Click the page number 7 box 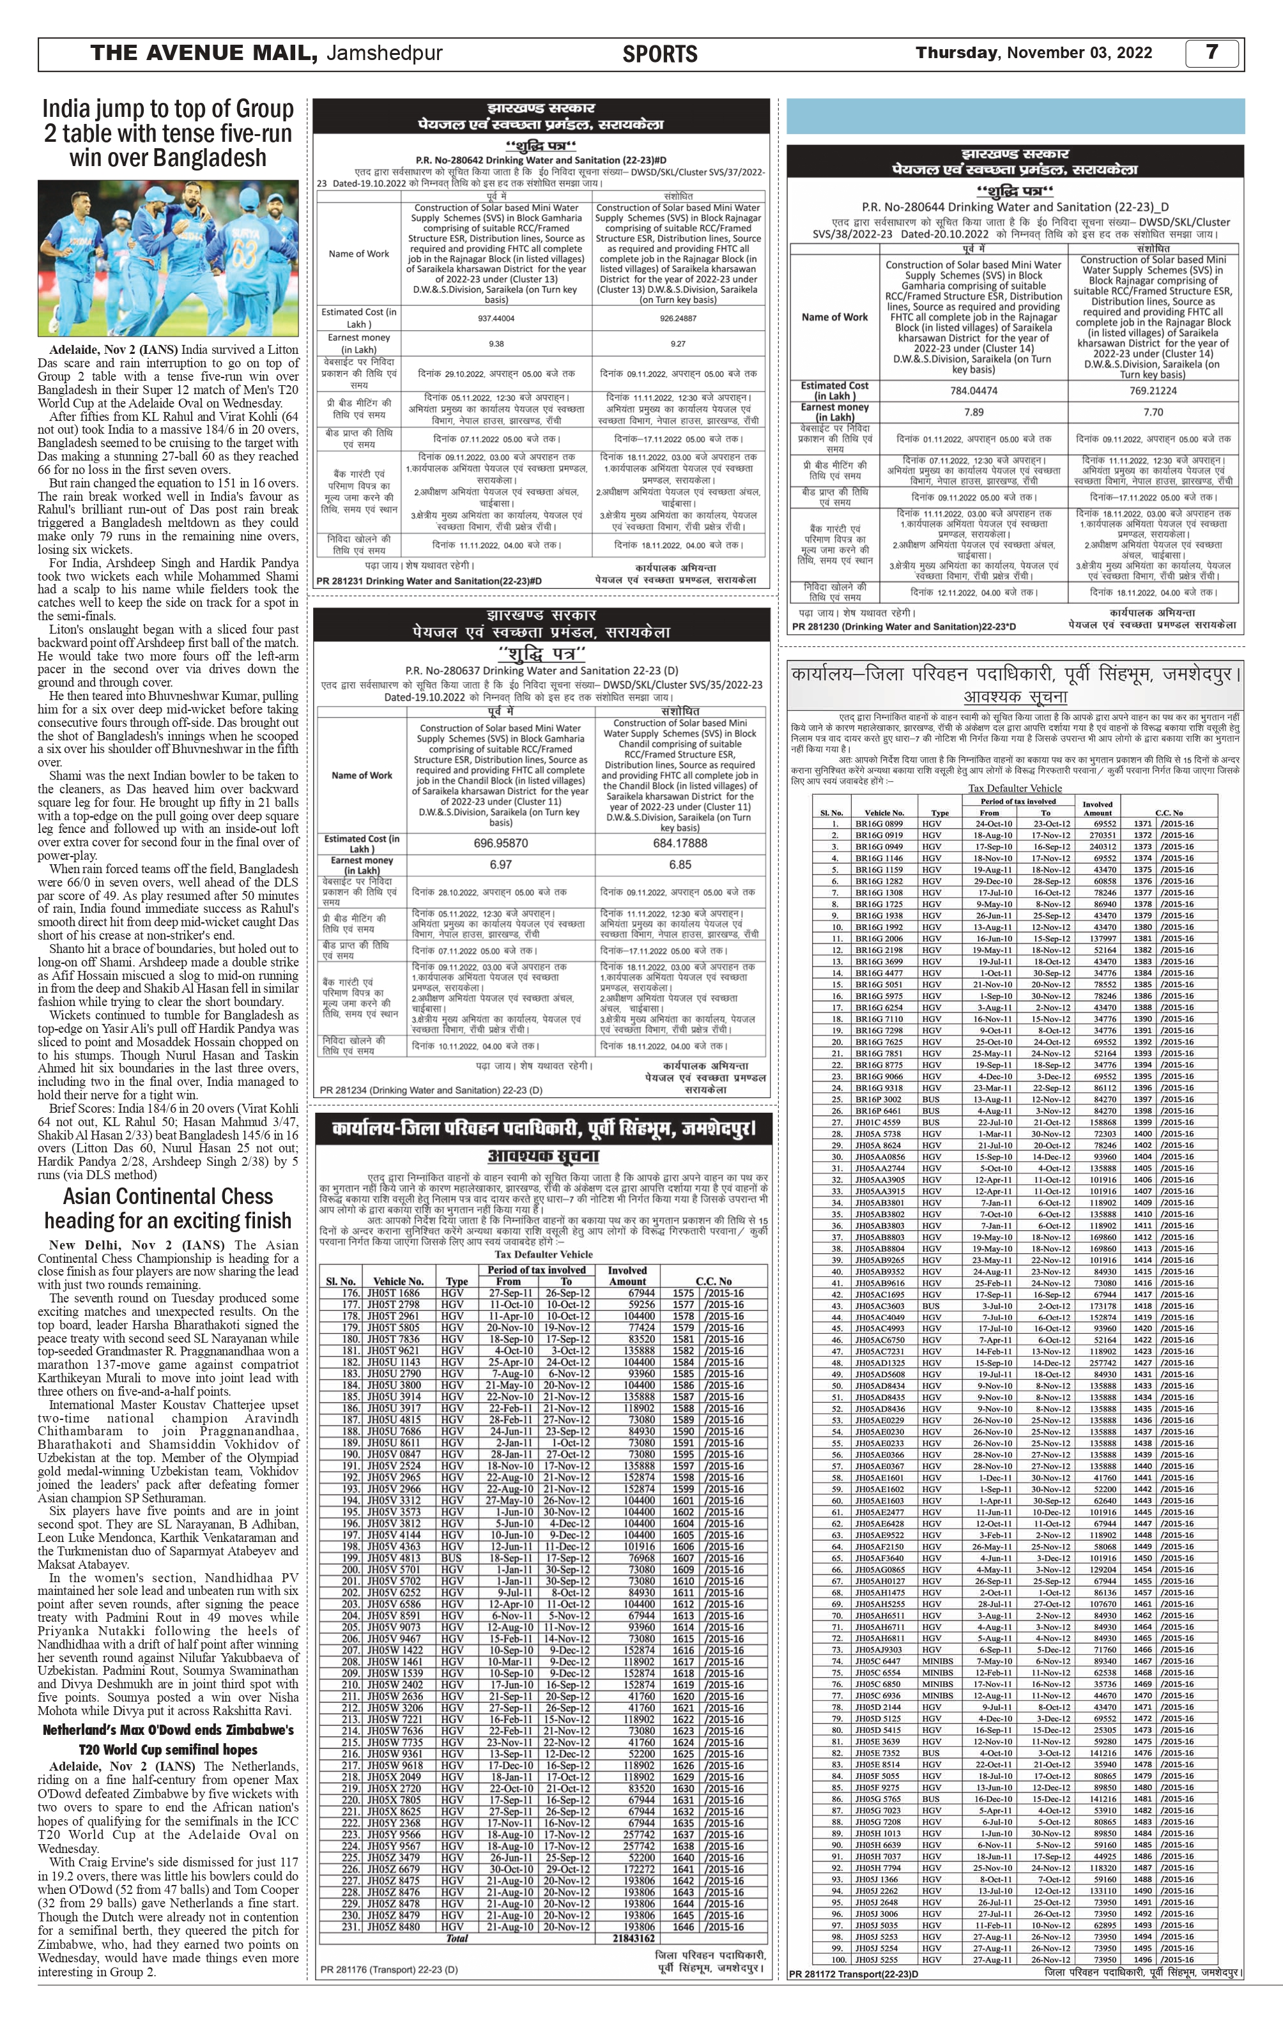[1212, 53]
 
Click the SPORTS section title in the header [659, 54]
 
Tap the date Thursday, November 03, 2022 [1033, 53]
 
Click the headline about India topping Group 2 [169, 134]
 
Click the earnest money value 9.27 [677, 344]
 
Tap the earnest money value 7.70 [1153, 412]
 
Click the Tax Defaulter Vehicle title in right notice [1015, 788]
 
